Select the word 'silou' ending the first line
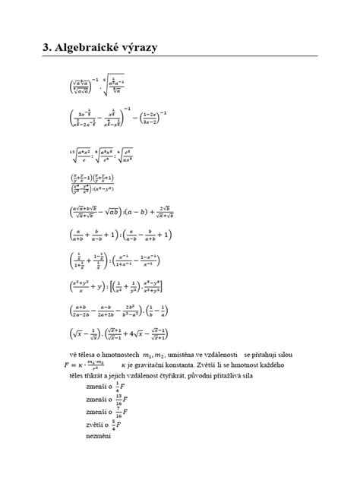286,355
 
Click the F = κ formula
84,365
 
